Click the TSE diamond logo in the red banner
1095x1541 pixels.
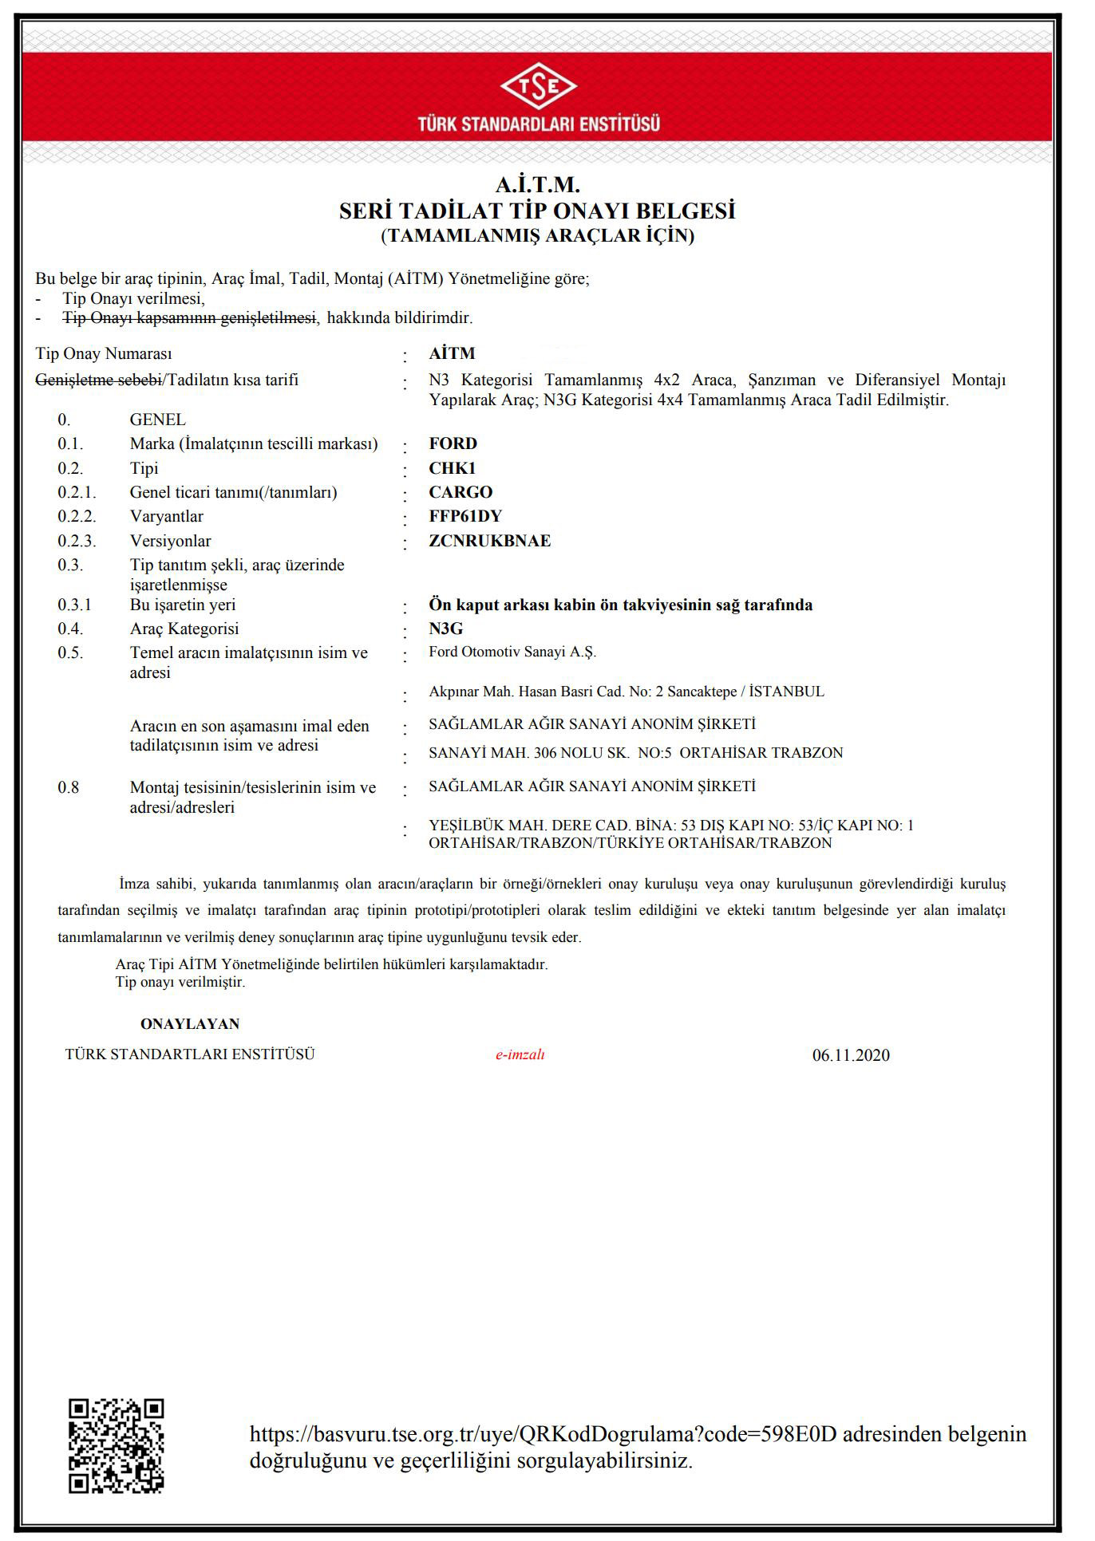(539, 89)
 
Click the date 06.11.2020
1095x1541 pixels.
(851, 1055)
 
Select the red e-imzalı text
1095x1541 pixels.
(520, 1054)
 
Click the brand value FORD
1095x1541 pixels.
(453, 443)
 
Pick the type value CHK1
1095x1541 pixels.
(452, 468)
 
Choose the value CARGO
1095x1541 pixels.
(461, 492)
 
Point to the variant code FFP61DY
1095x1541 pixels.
(465, 516)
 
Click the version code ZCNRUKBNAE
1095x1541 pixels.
(489, 541)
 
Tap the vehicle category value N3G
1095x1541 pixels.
(446, 629)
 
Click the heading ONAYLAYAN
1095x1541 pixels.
(190, 1024)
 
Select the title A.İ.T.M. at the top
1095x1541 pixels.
(537, 186)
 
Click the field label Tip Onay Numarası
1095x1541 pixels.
(104, 353)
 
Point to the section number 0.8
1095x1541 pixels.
(69, 788)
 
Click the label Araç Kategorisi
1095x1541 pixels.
(184, 629)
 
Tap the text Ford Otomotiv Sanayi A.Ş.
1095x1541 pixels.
(512, 652)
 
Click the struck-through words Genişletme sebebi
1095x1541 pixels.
(99, 380)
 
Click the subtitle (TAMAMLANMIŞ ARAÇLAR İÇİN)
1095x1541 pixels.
(537, 236)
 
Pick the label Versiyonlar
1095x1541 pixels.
(170, 541)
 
